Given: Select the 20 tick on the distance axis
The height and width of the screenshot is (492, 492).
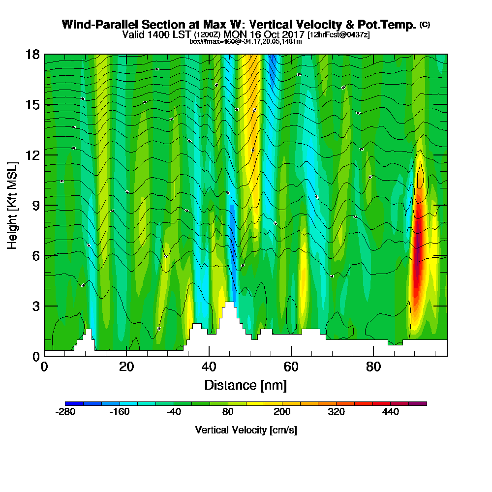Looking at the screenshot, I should [126, 367].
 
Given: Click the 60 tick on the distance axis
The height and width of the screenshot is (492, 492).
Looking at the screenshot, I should [291, 367].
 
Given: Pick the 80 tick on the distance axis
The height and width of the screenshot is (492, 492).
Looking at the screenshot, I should [373, 367].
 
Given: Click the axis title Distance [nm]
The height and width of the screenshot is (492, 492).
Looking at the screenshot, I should [246, 385].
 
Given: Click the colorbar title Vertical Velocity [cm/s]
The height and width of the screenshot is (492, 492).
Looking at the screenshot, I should [246, 430].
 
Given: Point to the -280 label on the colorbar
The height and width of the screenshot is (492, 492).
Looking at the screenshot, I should [65, 412].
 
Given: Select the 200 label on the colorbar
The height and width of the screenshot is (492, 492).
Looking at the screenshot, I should [282, 412].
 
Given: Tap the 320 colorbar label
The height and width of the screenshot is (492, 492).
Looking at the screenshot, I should [336, 412].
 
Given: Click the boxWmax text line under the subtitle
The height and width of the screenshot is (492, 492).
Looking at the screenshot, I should [246, 41].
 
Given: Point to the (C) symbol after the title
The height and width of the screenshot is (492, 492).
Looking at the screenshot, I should [425, 24].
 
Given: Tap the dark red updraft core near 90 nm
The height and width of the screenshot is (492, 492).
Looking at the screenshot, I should [417, 246].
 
